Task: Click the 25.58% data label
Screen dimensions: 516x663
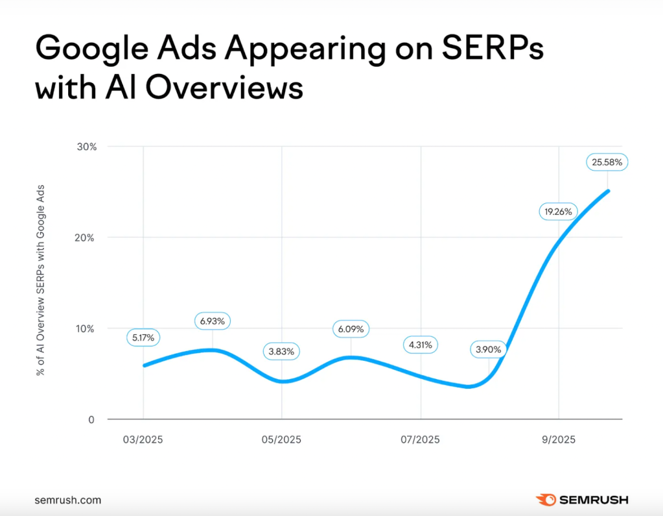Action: [607, 162]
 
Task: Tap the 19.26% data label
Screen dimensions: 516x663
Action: [558, 211]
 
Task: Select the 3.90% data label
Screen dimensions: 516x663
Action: [489, 350]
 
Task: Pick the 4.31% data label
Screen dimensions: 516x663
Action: [420, 344]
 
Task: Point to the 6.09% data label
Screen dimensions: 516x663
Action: [351, 329]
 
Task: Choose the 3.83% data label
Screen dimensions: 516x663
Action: [282, 351]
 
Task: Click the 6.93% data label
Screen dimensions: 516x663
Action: [213, 321]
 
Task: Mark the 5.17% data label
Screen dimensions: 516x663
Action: [144, 338]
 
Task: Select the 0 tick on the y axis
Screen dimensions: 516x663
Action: [91, 419]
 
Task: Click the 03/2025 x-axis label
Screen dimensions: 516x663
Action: [143, 439]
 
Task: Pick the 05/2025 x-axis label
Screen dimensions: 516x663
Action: [282, 439]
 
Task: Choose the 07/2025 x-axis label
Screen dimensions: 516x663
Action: [420, 439]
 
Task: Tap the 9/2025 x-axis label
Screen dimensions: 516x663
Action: [558, 439]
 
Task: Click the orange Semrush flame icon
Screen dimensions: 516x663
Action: [544, 500]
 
